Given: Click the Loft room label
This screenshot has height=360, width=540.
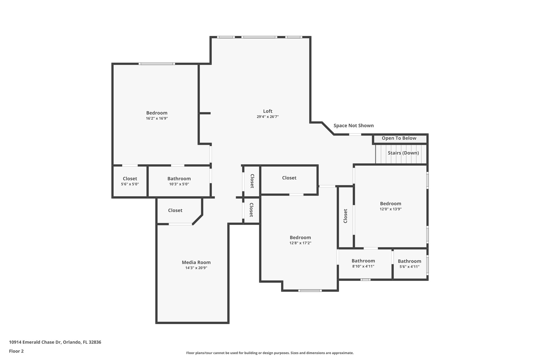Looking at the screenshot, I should pyautogui.click(x=268, y=111).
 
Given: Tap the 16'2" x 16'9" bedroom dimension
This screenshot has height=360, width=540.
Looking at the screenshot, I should pyautogui.click(x=157, y=118).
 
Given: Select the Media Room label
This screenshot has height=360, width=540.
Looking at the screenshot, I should pyautogui.click(x=196, y=262).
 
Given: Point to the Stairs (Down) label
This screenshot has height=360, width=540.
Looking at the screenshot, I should pyautogui.click(x=403, y=153).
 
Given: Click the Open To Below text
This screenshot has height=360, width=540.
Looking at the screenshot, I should pyautogui.click(x=399, y=138).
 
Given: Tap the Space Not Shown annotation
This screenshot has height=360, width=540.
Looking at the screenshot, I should pyautogui.click(x=354, y=126).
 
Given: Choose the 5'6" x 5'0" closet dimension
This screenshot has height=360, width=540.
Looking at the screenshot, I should pyautogui.click(x=130, y=184).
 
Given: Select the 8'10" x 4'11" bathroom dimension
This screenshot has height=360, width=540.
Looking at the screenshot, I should pyautogui.click(x=363, y=266).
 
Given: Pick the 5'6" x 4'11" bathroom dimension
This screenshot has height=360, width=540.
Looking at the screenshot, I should pyautogui.click(x=409, y=267).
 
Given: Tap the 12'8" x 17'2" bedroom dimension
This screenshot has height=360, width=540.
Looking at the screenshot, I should pyautogui.click(x=300, y=243).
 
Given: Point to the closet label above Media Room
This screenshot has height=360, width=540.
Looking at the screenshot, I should pyautogui.click(x=175, y=210).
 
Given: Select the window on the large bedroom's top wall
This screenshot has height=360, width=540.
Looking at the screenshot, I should pyautogui.click(x=157, y=64).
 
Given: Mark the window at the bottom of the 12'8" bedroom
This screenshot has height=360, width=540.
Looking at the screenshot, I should pyautogui.click(x=310, y=291).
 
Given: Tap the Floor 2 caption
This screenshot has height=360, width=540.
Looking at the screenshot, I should pyautogui.click(x=16, y=351).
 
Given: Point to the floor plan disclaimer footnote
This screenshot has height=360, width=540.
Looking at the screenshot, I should pyautogui.click(x=270, y=353).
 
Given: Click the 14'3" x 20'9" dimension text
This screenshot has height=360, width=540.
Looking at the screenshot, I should pyautogui.click(x=196, y=268).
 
